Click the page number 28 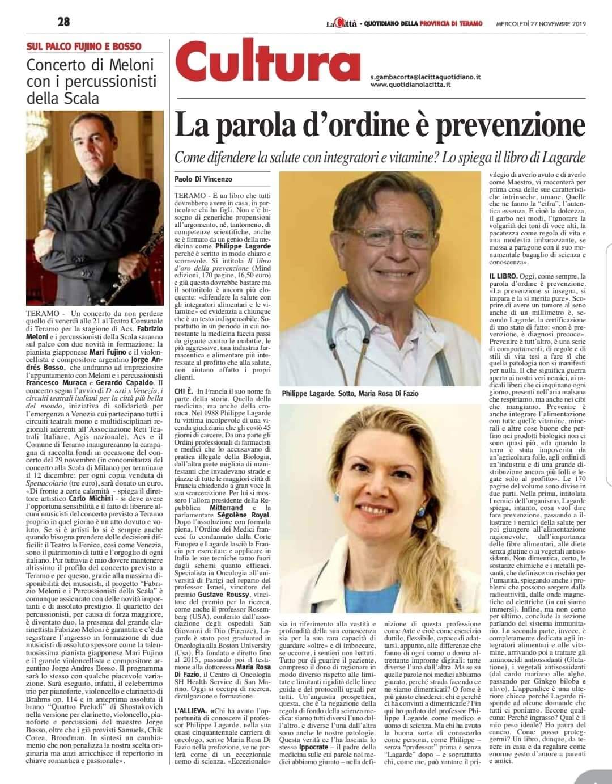[63, 22]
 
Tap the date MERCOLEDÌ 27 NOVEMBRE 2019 [541, 23]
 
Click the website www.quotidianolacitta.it [411, 85]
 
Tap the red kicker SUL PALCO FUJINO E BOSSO [84, 46]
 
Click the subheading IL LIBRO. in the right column [504, 275]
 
